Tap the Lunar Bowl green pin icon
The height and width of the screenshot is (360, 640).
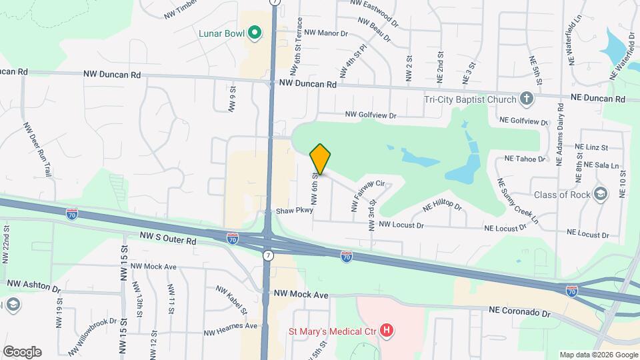(x=254, y=32)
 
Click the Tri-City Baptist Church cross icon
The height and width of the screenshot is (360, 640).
(x=527, y=100)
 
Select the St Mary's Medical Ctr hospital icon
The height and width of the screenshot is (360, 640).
(x=386, y=330)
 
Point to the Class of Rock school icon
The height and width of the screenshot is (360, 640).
(x=600, y=195)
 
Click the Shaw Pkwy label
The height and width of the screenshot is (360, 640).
(x=294, y=211)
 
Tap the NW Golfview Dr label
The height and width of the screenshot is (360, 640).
(x=371, y=115)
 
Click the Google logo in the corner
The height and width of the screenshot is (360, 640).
(x=22, y=352)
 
